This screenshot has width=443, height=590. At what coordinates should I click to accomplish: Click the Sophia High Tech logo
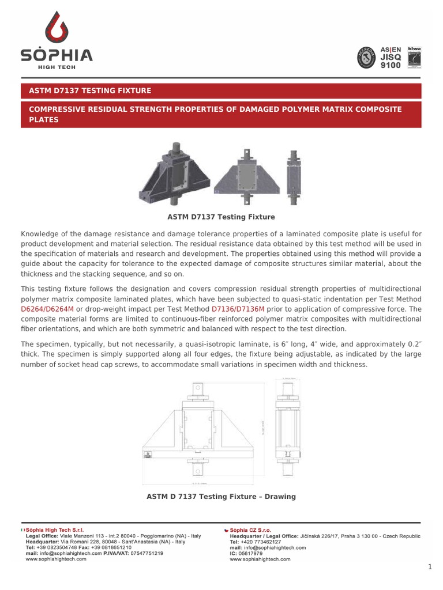point(57,40)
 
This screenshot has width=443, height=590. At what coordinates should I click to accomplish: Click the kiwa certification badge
point(414,57)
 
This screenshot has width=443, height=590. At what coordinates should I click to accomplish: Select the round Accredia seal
point(367,58)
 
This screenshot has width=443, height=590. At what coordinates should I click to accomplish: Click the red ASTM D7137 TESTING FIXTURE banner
point(221,90)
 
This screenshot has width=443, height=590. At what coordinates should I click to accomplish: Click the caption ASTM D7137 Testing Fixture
point(221,217)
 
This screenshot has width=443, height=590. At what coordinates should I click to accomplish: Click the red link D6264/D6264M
point(47,309)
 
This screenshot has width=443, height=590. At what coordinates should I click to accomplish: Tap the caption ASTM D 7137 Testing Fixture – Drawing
point(221,497)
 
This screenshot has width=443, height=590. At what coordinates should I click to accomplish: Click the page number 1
point(430,567)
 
